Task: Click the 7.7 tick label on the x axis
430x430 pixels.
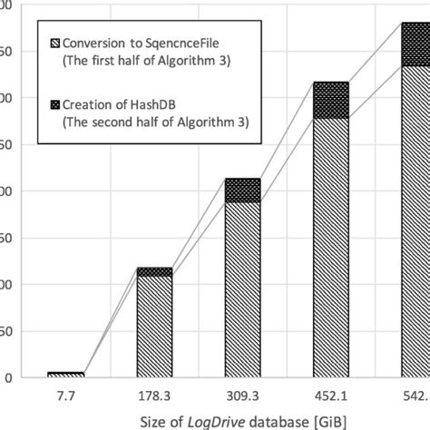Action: (65, 395)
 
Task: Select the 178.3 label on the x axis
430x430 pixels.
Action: (154, 395)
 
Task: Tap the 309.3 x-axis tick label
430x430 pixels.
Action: (242, 395)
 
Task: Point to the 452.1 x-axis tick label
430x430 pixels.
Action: (331, 395)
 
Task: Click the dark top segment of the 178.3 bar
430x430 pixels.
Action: (154, 271)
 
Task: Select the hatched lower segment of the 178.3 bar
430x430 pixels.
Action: (154, 327)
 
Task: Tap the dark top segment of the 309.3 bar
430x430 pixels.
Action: (242, 190)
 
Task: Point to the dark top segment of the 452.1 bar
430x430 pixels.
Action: (331, 100)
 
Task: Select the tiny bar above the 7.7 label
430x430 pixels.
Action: (65, 374)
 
